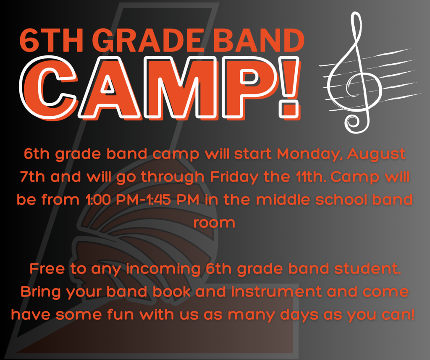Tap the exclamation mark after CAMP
pos(289,87)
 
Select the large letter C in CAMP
pos(48,87)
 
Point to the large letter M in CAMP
pos(182,87)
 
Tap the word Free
pos(47,269)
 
